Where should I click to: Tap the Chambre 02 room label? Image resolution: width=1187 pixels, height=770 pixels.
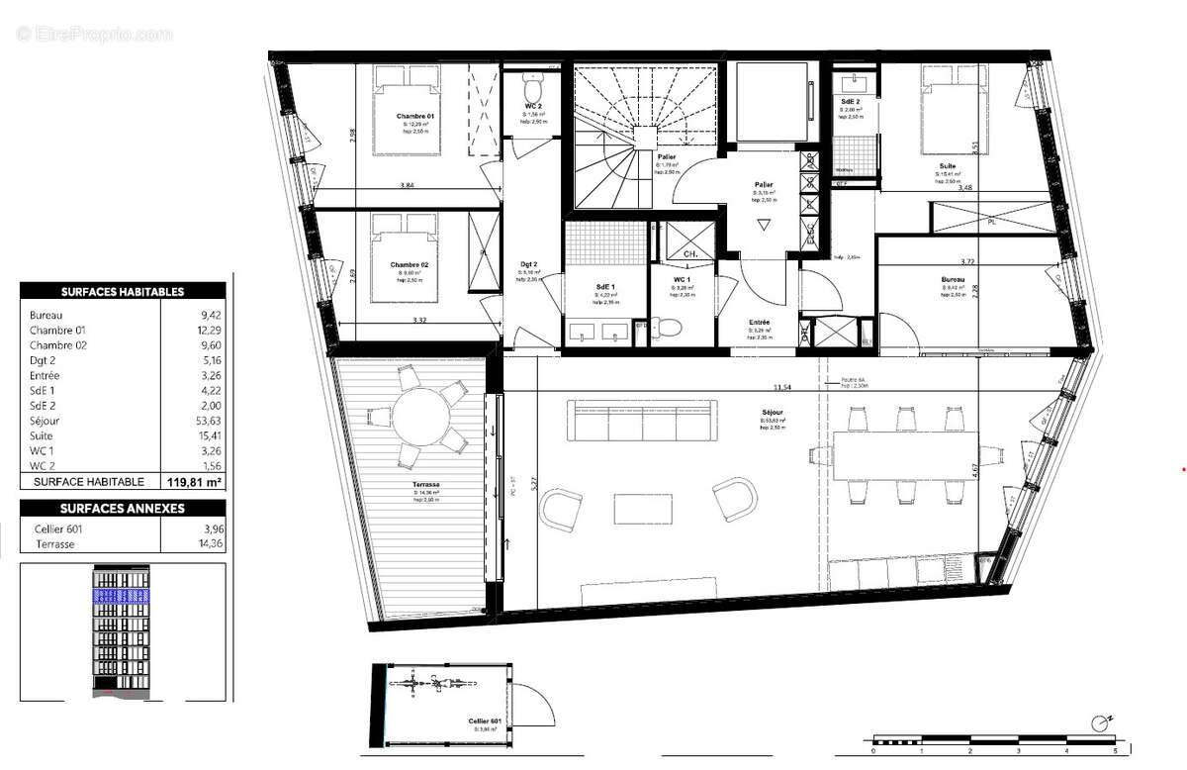pos(408,265)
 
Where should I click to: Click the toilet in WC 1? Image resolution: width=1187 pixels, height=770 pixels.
pos(671,326)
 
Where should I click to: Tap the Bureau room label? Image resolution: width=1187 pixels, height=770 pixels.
pos(953,280)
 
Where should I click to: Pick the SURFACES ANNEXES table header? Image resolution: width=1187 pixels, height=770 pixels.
pos(123,509)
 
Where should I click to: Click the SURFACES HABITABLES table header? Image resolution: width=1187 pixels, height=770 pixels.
pos(123,292)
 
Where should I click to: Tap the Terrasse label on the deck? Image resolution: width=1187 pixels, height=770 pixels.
pos(428,485)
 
